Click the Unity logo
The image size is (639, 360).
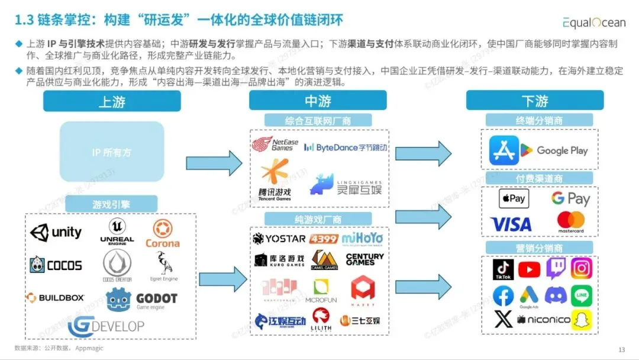point(56,232)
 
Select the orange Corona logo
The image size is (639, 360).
point(162,234)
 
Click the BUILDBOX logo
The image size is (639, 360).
point(55,297)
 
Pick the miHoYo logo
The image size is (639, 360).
point(362,238)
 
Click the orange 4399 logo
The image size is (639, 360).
point(324,239)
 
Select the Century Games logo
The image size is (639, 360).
point(364,259)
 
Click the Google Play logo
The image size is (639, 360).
point(554,150)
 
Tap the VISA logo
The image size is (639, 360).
point(511,224)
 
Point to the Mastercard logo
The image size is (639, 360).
point(570,222)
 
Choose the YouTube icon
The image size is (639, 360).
point(529,269)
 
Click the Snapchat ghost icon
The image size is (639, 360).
point(582,320)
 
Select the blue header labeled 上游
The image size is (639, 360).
point(112,101)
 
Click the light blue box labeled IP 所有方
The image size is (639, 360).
point(112,152)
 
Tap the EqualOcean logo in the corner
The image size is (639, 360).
point(594,22)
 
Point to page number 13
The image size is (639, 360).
point(621,349)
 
